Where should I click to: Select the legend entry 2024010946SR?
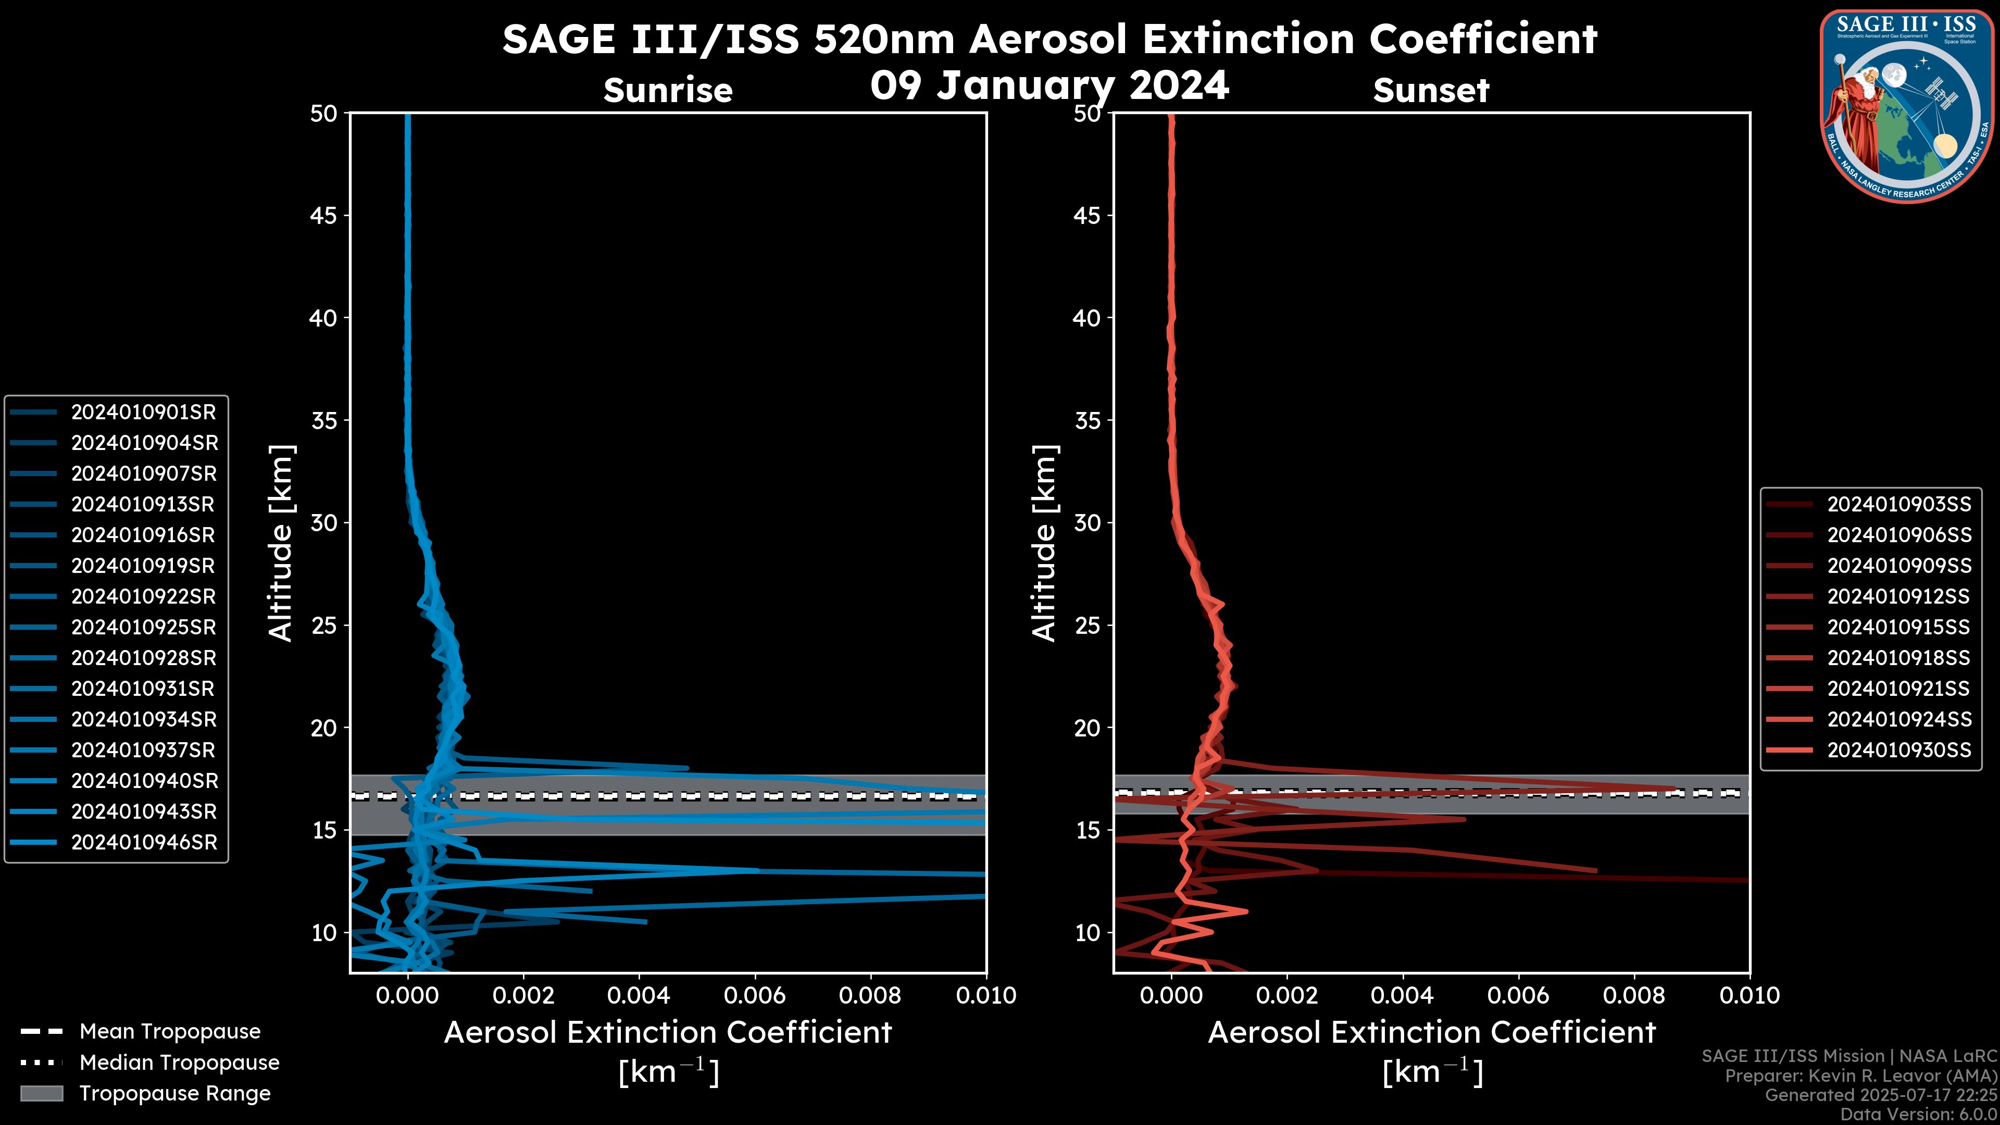pos(144,842)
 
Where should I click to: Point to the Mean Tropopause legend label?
pos(170,1031)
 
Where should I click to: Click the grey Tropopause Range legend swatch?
pos(41,1093)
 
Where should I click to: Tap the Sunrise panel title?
pos(668,91)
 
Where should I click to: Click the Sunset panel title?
pos(1431,91)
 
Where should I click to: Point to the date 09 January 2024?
pos(1049,85)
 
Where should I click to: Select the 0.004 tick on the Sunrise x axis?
pos(638,995)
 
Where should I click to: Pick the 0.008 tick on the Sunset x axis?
pos(1634,995)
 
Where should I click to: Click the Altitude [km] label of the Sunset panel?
pos(1044,543)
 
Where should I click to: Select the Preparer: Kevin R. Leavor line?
pos(1860,1076)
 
